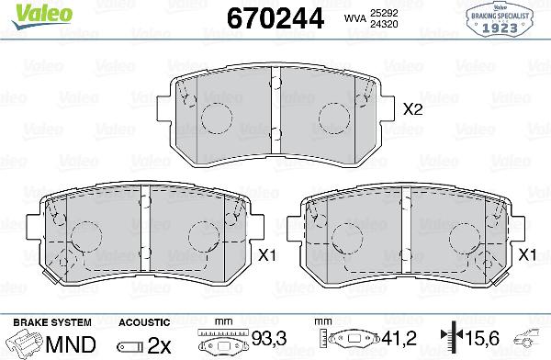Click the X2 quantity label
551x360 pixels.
click(x=413, y=109)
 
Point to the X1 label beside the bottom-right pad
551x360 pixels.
click(x=527, y=254)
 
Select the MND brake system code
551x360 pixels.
click(x=69, y=344)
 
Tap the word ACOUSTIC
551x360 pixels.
click(x=143, y=322)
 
